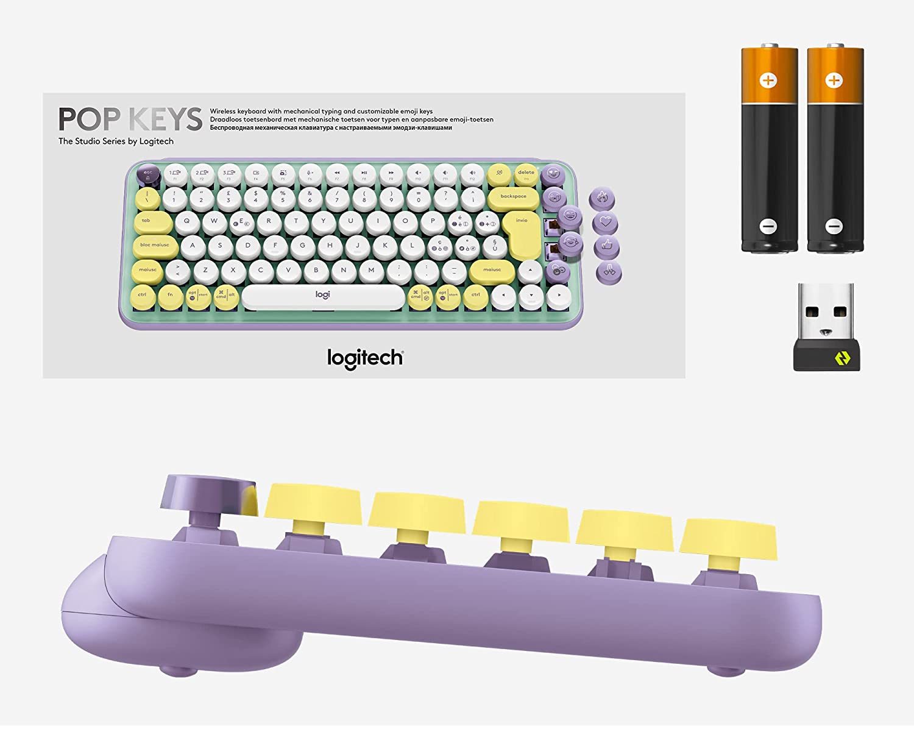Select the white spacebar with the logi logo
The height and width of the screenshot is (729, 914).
323,296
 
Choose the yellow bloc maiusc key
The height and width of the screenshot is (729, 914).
155,246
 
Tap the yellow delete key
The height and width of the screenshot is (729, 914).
526,174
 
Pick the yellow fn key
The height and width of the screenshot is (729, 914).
170,296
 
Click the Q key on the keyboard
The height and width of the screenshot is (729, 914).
187,222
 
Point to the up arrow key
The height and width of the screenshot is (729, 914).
531,270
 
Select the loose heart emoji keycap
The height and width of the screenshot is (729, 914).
604,222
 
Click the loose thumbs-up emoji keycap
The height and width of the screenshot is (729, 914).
606,246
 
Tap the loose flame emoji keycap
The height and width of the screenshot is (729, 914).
602,197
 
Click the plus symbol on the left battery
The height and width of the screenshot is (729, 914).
768,80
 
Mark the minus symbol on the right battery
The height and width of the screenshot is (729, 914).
834,226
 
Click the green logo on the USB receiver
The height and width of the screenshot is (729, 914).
842,358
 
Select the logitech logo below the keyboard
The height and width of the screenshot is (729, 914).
365,358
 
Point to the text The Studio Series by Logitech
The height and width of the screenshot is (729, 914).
116,141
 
